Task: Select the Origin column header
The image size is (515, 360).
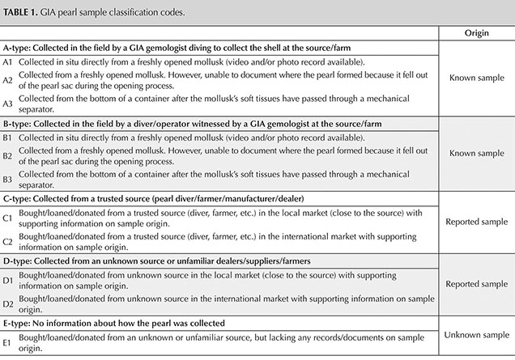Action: point(475,34)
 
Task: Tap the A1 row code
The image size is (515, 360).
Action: point(7,62)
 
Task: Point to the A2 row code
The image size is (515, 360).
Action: point(7,79)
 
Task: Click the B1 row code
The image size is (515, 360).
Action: point(7,137)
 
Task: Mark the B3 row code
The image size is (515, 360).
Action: point(7,178)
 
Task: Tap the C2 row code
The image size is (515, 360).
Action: point(7,241)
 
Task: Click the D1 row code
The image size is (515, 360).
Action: point(7,280)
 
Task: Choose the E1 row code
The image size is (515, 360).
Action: point(7,342)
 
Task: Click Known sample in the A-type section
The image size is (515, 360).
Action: point(475,78)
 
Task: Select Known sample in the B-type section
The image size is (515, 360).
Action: point(475,153)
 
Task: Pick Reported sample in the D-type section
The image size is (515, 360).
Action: point(475,286)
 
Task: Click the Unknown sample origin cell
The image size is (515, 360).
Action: point(475,336)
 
